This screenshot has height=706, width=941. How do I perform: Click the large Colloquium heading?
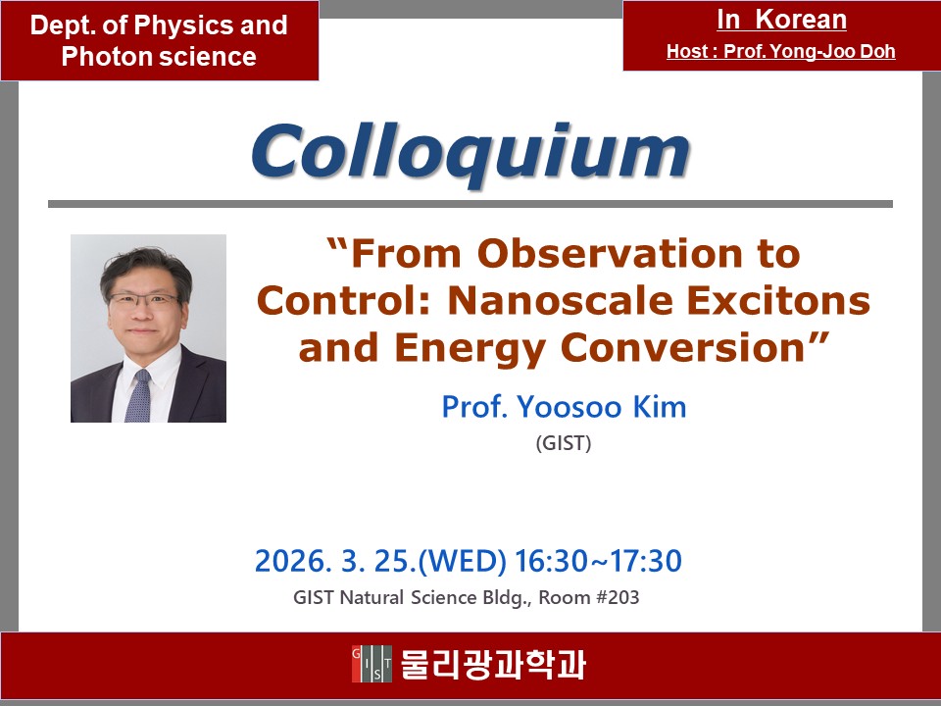[471, 154]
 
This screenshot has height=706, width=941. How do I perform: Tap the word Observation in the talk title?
[609, 253]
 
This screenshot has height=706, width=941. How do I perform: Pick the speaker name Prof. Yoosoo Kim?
[565, 406]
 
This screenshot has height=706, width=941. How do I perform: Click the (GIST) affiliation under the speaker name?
[564, 443]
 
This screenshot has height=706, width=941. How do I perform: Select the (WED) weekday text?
[463, 561]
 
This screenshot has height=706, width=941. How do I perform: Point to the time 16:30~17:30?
[598, 561]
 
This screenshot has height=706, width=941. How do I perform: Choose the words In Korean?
[781, 20]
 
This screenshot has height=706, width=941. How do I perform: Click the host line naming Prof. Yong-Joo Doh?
[781, 52]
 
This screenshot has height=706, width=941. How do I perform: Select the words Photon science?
[159, 57]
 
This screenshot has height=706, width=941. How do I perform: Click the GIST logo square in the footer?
[372, 664]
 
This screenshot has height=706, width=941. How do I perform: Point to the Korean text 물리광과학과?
[493, 664]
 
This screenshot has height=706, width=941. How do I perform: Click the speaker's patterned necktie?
[138, 395]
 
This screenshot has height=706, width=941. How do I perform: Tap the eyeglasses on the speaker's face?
[144, 299]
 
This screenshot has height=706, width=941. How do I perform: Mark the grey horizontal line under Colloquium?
[470, 204]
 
